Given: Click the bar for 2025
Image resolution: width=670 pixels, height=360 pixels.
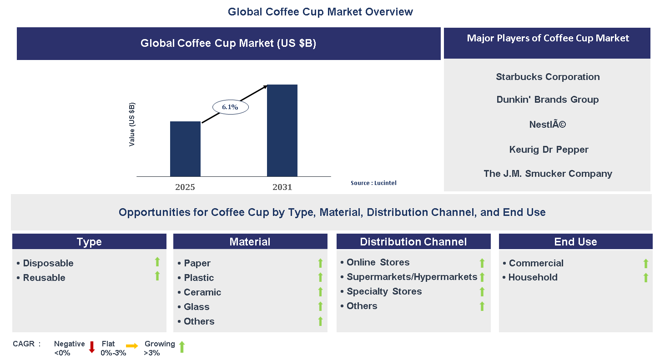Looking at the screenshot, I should point(185,149).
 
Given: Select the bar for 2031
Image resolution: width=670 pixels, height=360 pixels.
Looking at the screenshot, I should point(282,130).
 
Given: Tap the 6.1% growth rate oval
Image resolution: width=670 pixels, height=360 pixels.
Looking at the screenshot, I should point(230,107).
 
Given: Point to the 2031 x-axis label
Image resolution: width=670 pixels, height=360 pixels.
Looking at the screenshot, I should point(282,187).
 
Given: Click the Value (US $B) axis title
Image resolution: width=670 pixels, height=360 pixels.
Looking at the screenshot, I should point(132,124).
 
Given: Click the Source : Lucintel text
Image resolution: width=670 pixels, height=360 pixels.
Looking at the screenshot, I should point(373,183).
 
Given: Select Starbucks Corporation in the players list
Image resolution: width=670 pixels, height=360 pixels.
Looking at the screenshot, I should point(548,77).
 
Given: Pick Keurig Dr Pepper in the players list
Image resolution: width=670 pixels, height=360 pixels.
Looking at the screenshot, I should point(549,150).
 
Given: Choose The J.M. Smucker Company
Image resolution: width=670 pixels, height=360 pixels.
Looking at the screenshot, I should point(548,174).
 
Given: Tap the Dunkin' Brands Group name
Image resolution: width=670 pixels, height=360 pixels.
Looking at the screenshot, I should point(548,100).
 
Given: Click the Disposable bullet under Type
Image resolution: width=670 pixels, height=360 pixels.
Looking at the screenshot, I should point(48,263).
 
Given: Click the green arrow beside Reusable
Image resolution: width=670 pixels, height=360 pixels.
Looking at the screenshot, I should point(157,276).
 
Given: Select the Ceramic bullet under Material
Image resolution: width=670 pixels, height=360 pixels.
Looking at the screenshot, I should point(202,292).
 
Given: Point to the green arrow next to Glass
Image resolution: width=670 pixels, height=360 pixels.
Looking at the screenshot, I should point(320,306).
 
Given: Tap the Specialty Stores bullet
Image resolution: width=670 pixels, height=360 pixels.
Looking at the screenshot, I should point(384,291).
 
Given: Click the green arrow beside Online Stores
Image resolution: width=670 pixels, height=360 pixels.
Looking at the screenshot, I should point(482,263).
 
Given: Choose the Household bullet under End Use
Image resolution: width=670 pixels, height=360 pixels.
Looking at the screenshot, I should point(533,277).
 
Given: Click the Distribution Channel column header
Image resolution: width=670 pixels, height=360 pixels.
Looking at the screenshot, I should point(413,242).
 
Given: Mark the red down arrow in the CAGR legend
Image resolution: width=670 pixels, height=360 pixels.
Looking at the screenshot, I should point(92,347).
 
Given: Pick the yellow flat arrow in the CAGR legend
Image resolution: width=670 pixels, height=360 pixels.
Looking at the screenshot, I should point(132,346).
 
